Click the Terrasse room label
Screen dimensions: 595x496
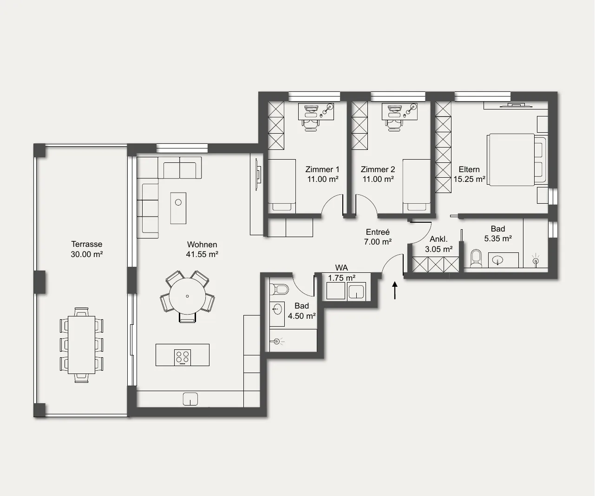click(87, 244)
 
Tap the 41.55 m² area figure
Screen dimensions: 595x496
click(202, 254)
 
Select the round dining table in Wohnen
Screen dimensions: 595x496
click(187, 296)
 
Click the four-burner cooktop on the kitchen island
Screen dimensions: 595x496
click(183, 357)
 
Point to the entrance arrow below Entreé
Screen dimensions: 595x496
click(395, 290)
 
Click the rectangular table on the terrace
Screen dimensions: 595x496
click(81, 345)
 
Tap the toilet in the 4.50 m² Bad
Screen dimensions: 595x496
click(279, 289)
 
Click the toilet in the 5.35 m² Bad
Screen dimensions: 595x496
click(476, 258)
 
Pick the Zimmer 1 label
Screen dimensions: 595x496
click(322, 169)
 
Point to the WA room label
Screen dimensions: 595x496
click(341, 268)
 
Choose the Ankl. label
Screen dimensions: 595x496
click(438, 239)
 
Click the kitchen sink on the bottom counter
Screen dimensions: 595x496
click(190, 399)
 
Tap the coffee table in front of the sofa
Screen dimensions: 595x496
click(178, 208)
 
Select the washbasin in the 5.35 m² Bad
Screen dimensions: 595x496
click(497, 260)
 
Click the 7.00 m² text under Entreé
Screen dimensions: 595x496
click(378, 242)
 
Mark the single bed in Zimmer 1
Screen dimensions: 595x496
click(281, 186)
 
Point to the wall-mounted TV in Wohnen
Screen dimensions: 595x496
click(258, 174)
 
